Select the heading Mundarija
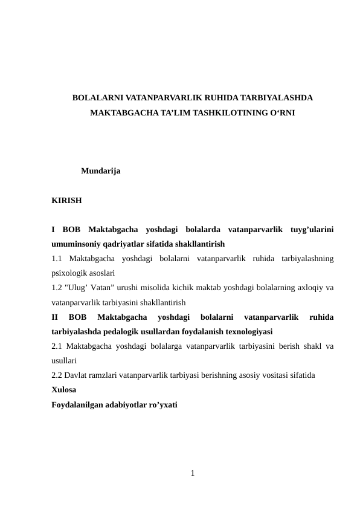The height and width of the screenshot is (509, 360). [x=100, y=172]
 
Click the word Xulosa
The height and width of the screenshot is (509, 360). [x=64, y=390]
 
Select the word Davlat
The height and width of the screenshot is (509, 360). [x=77, y=375]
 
